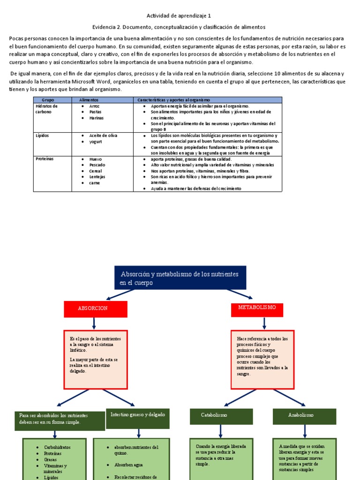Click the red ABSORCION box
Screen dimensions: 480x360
coord(96,309)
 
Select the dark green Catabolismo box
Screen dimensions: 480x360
coord(221,416)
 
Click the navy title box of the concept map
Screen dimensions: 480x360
coord(180,277)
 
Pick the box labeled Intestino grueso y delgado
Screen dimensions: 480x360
coord(137,418)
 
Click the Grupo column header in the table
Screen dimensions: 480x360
coord(48,100)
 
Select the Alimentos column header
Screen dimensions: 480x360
coord(88,100)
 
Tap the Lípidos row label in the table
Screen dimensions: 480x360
coord(43,135)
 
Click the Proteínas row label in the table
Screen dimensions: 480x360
coord(45,159)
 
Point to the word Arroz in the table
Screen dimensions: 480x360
coord(94,106)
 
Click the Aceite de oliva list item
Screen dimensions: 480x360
coord(103,135)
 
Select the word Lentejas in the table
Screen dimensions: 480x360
coord(97,177)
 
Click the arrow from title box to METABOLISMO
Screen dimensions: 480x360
coord(240,293)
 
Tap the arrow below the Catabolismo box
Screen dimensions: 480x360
coord(220,431)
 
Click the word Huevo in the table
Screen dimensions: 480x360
coord(96,159)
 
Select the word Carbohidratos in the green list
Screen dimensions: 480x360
coord(57,447)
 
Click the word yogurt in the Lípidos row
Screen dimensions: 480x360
coord(96,142)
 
